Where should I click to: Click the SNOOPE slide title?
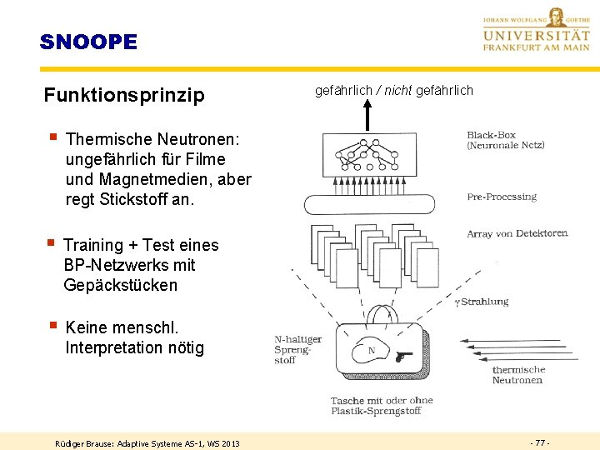point(88,42)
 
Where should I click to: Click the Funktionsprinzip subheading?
point(124,95)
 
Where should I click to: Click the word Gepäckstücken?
point(120,285)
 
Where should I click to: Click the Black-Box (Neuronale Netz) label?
point(505,140)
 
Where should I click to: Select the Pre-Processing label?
point(502,197)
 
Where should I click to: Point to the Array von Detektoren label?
point(517,234)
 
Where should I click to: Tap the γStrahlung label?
point(481,302)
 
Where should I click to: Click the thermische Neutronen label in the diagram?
point(517,375)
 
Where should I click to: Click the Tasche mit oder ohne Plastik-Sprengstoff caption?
point(382,406)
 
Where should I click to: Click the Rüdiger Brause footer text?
point(147,442)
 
